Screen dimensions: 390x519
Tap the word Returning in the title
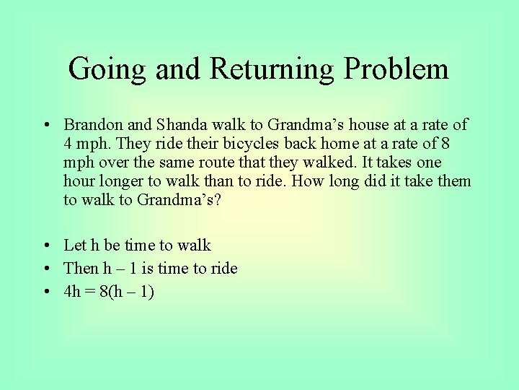tap(272, 69)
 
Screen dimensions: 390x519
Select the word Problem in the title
tap(396, 69)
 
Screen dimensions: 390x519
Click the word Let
tap(74, 246)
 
